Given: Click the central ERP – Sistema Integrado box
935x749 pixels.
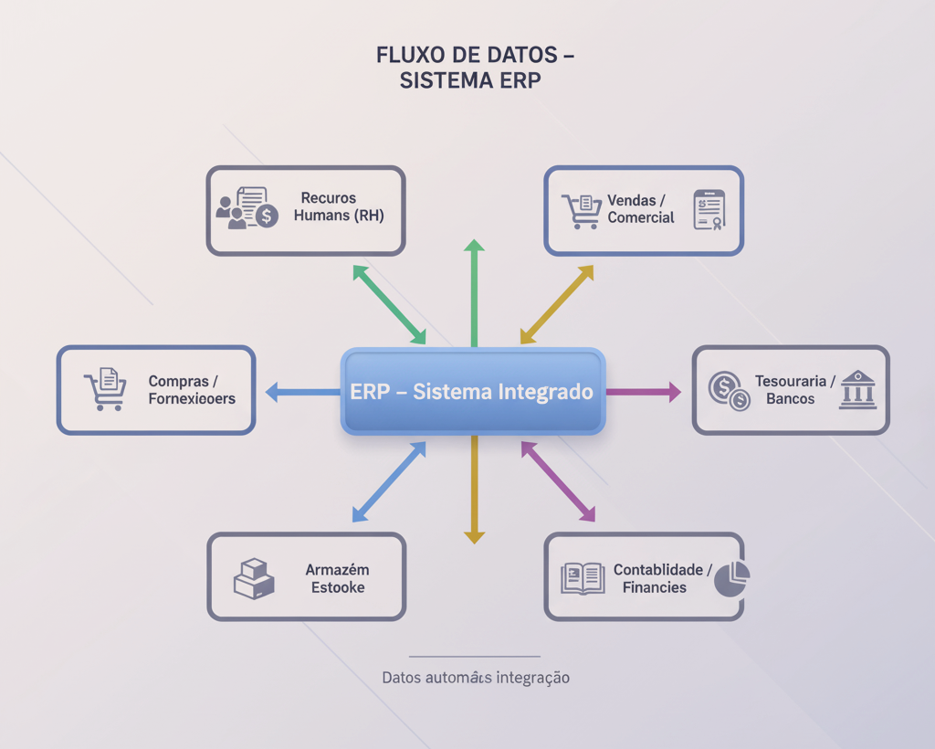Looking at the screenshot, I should (x=473, y=391).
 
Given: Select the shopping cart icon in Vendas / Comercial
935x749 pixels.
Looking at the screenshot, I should (x=581, y=211).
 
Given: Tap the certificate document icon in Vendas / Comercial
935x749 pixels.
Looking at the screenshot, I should (x=709, y=210).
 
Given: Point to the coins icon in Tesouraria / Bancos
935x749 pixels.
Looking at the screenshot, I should (x=729, y=390).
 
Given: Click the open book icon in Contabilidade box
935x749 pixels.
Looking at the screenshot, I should (x=583, y=578).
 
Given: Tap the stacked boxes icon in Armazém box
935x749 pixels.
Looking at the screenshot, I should (x=254, y=579).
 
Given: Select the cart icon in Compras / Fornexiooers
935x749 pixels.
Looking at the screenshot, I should (x=105, y=389).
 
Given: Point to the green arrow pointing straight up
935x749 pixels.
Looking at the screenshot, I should (x=474, y=292).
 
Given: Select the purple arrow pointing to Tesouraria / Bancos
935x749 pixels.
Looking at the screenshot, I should (x=644, y=392).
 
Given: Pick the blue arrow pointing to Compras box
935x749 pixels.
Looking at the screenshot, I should (x=302, y=393).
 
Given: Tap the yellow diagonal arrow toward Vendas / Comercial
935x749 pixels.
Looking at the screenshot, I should (x=557, y=305).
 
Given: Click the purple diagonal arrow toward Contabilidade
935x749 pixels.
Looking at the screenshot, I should (x=558, y=481).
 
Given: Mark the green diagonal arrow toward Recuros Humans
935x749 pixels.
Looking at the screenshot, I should (x=389, y=305).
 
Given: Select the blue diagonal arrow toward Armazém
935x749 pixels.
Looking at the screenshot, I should (x=389, y=482).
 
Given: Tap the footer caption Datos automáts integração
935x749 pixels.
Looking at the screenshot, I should (x=476, y=678).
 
